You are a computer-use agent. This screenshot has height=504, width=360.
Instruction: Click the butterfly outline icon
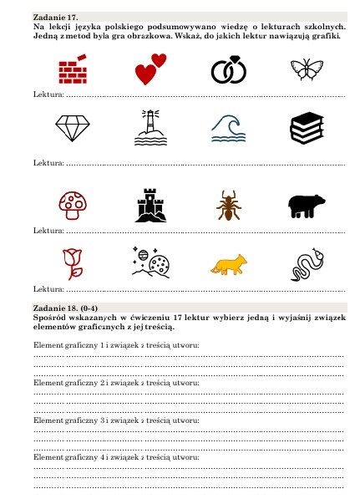point(307,69)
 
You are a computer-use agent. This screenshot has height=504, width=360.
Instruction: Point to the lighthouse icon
point(150,127)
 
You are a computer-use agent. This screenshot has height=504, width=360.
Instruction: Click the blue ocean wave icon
point(227,128)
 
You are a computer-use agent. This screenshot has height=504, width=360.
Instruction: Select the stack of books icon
point(307,128)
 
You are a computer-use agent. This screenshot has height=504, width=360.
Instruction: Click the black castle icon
point(150,204)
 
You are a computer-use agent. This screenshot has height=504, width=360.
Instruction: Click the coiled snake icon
point(305,264)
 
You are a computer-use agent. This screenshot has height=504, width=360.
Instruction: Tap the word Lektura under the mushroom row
point(48,231)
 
